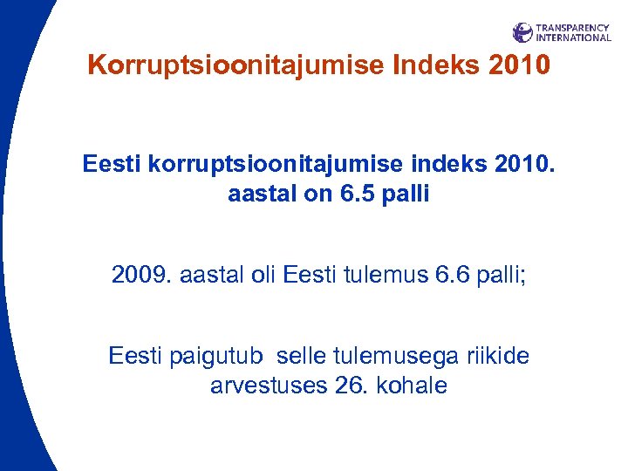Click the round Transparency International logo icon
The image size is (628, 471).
522,33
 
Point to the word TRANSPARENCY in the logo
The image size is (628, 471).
573,28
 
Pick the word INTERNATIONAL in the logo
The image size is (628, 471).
573,38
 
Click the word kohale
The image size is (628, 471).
411,386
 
